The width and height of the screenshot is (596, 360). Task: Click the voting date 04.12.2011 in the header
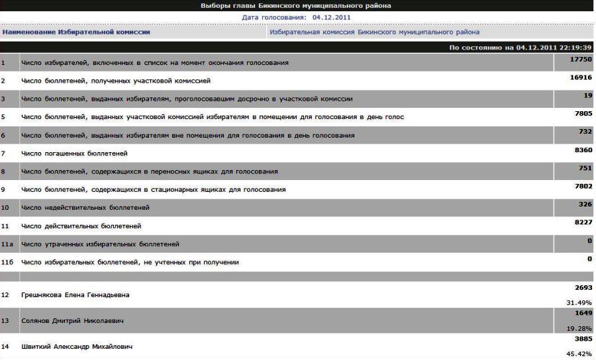click(x=331, y=17)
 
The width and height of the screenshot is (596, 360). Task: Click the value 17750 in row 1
click(x=581, y=59)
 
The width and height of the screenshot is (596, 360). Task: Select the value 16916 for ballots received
click(x=581, y=77)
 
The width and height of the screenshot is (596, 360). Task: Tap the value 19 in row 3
click(x=587, y=95)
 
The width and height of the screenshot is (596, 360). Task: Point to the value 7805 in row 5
click(x=583, y=114)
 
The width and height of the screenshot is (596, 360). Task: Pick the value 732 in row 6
click(x=585, y=132)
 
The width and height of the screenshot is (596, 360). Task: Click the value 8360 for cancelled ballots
click(x=583, y=150)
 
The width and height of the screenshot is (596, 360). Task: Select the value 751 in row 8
click(x=585, y=168)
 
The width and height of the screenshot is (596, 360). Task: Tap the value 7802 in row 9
click(x=583, y=187)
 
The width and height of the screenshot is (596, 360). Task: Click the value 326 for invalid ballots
click(x=585, y=204)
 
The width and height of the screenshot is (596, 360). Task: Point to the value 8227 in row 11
click(x=583, y=222)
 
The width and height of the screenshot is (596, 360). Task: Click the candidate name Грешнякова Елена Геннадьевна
click(x=75, y=294)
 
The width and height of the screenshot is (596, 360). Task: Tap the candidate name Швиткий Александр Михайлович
click(x=77, y=347)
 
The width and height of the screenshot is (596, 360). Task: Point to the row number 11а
click(x=7, y=244)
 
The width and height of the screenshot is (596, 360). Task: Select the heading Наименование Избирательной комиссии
click(x=76, y=32)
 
